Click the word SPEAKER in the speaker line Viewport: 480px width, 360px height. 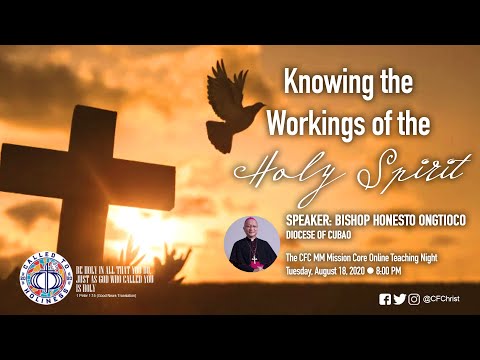point(312,222)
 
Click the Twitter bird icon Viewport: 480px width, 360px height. point(400,298)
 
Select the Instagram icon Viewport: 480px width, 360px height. point(414,298)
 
